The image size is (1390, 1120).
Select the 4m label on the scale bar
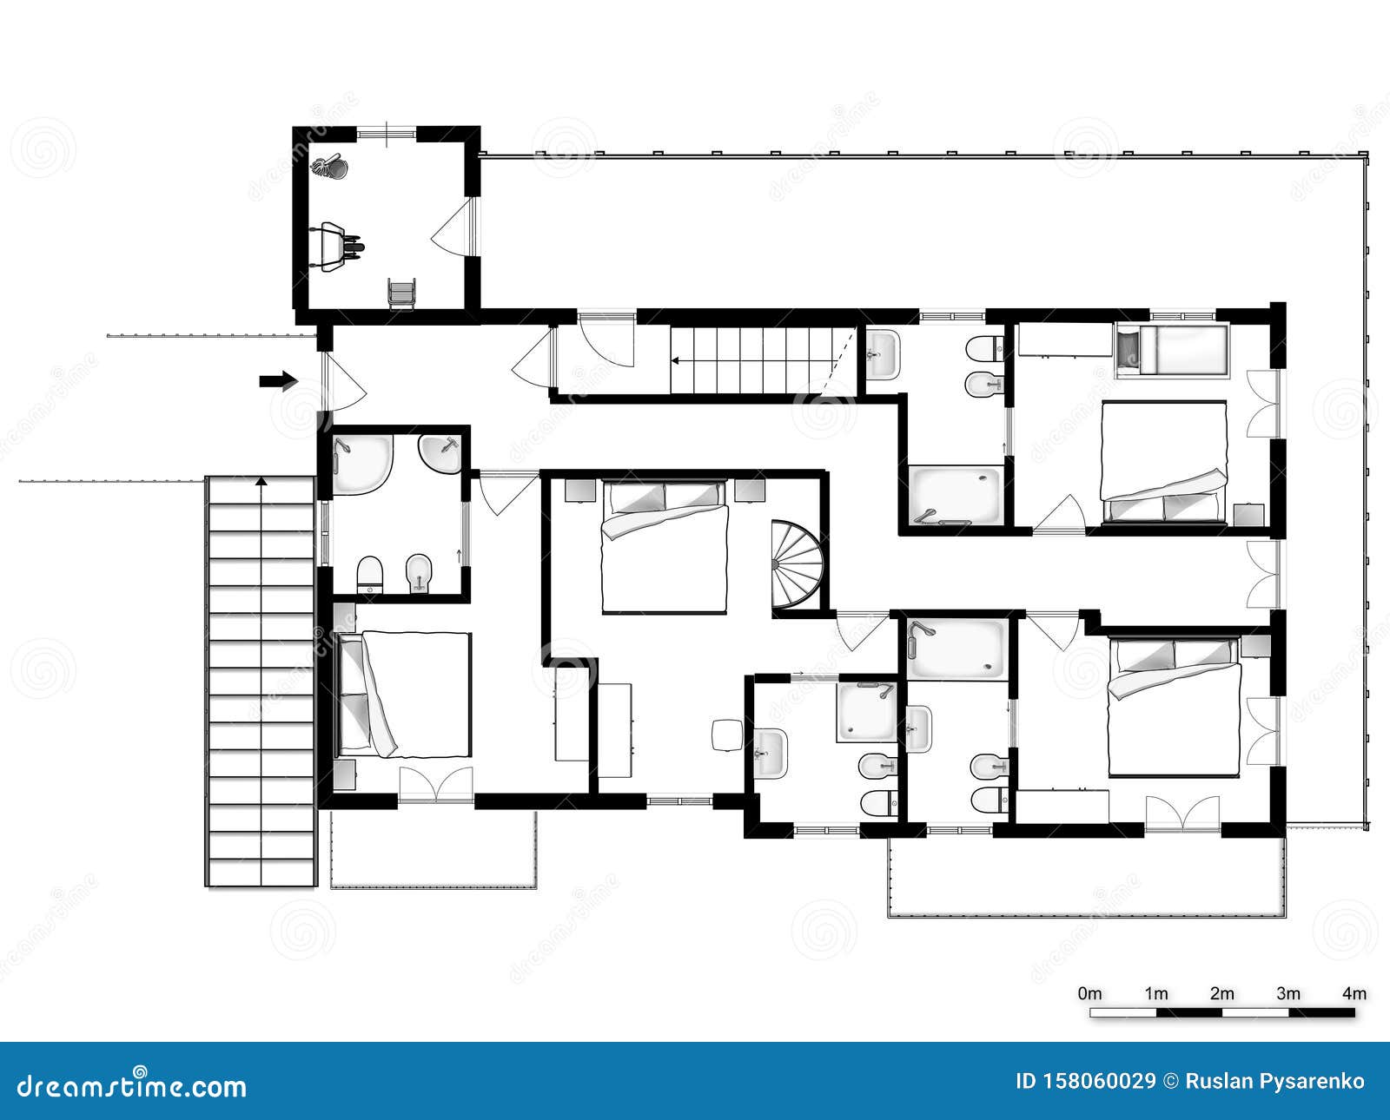(1354, 993)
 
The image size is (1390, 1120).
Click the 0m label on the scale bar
(1089, 993)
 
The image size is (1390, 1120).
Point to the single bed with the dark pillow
(1171, 351)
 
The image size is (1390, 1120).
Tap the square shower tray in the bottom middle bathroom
(866, 712)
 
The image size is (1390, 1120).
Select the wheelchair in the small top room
(401, 293)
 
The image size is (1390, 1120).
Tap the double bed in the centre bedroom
(665, 547)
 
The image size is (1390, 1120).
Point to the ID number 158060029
(1085, 1081)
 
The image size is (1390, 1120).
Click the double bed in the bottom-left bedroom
(403, 694)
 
